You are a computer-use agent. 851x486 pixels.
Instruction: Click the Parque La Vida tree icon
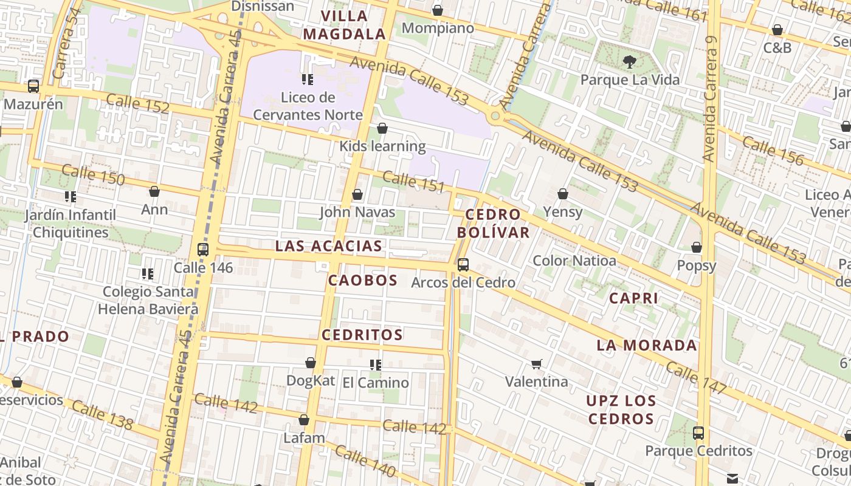(x=630, y=61)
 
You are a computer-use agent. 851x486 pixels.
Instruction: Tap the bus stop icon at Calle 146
(x=203, y=249)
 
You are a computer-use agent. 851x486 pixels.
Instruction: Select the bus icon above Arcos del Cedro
(x=463, y=264)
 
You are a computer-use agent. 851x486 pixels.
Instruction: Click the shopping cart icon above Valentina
(x=536, y=364)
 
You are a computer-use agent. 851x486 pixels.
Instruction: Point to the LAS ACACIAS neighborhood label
(x=328, y=246)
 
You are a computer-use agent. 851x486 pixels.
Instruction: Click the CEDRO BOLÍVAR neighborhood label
(x=493, y=223)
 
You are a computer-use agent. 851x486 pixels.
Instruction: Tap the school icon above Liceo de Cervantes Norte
(x=308, y=79)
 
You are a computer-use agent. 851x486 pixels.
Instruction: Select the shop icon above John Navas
(x=357, y=194)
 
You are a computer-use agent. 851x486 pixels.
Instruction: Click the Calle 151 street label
(x=414, y=181)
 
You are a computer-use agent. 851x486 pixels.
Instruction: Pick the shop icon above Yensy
(x=563, y=194)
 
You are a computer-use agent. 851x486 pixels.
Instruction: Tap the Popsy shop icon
(x=697, y=247)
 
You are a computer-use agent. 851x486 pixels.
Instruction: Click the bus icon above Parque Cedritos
(x=698, y=433)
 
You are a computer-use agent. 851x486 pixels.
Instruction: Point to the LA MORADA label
(x=647, y=346)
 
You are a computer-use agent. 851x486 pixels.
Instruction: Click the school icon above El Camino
(x=376, y=364)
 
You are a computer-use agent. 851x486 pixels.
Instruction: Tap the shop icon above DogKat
(x=311, y=363)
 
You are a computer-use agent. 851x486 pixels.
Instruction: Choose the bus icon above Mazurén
(x=33, y=86)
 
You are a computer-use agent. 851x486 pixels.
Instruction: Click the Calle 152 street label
(x=137, y=104)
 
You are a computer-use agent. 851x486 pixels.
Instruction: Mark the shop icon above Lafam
(x=304, y=420)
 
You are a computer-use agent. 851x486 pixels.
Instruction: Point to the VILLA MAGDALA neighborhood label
(x=345, y=25)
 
